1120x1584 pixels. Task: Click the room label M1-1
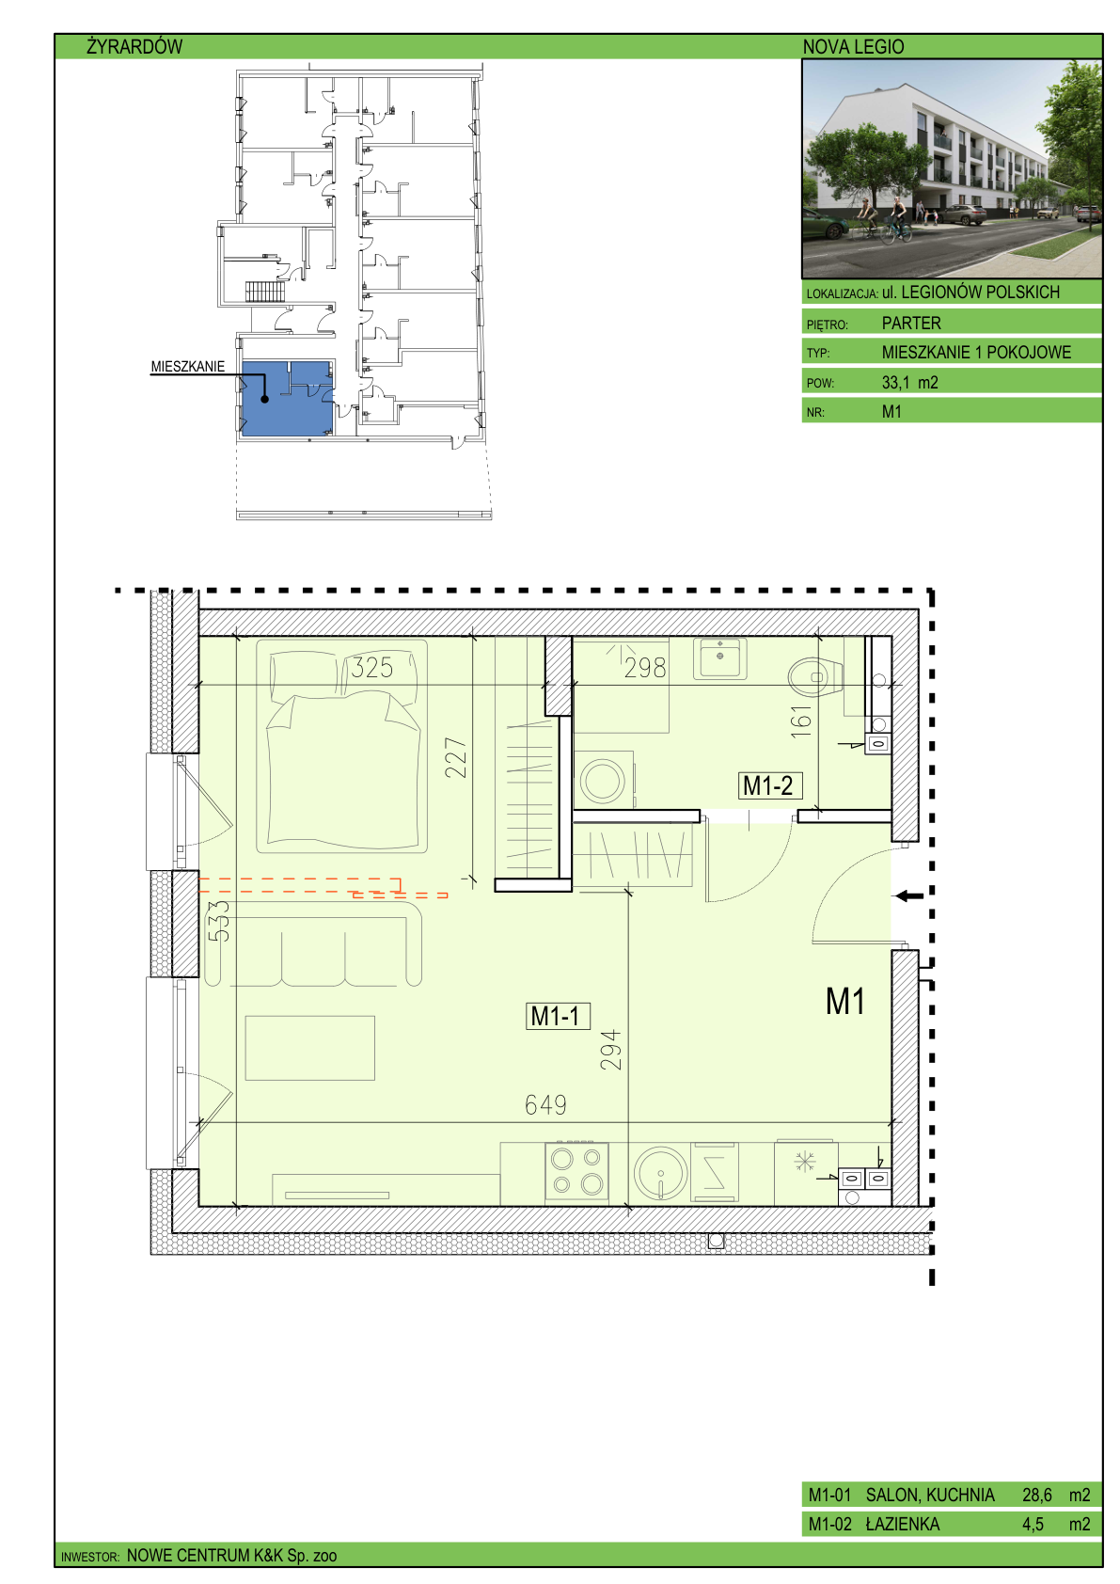point(557,1016)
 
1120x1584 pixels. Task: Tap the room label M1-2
point(769,785)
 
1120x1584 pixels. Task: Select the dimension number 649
point(545,1104)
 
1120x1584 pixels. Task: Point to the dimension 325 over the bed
point(371,668)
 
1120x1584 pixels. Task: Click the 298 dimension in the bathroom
point(645,668)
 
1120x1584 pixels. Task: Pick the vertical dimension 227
point(456,757)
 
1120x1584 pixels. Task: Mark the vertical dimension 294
point(611,1050)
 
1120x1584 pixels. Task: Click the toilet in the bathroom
point(815,677)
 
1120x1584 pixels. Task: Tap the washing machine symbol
point(603,781)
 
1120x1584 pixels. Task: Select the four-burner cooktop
point(577,1170)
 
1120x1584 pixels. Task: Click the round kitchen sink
point(660,1172)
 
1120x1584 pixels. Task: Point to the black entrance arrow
point(910,896)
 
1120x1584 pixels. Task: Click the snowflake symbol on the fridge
point(805,1161)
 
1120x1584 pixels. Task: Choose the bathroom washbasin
point(719,658)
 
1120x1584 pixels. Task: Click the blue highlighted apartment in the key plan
point(287,398)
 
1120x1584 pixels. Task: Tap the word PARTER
point(911,324)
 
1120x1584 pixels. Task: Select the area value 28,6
point(1036,1495)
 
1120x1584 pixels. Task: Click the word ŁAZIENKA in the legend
point(903,1524)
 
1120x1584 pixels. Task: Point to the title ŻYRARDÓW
point(134,47)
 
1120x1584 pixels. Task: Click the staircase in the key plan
point(264,292)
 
